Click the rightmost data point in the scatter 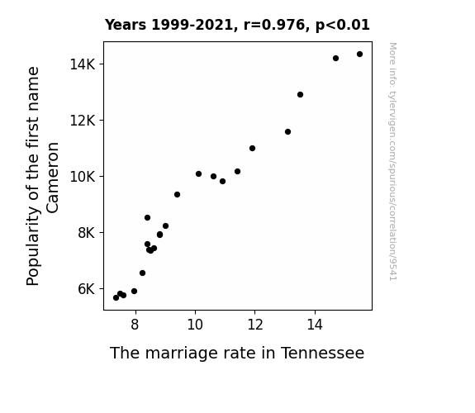click(x=359, y=55)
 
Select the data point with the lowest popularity click(x=116, y=298)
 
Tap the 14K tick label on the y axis click(x=83, y=64)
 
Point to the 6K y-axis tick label click(x=87, y=289)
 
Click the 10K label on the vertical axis click(x=83, y=176)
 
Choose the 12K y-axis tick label click(x=83, y=121)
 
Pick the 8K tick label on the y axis click(x=87, y=233)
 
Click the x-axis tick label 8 click(x=135, y=325)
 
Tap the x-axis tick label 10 click(x=195, y=325)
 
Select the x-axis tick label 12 click(x=255, y=325)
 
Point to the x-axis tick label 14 click(x=315, y=325)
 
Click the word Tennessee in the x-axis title click(x=322, y=353)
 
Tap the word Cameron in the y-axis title click(x=52, y=178)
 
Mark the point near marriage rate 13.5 click(x=300, y=94)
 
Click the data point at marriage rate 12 click(x=252, y=148)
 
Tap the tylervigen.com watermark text click(x=392, y=161)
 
